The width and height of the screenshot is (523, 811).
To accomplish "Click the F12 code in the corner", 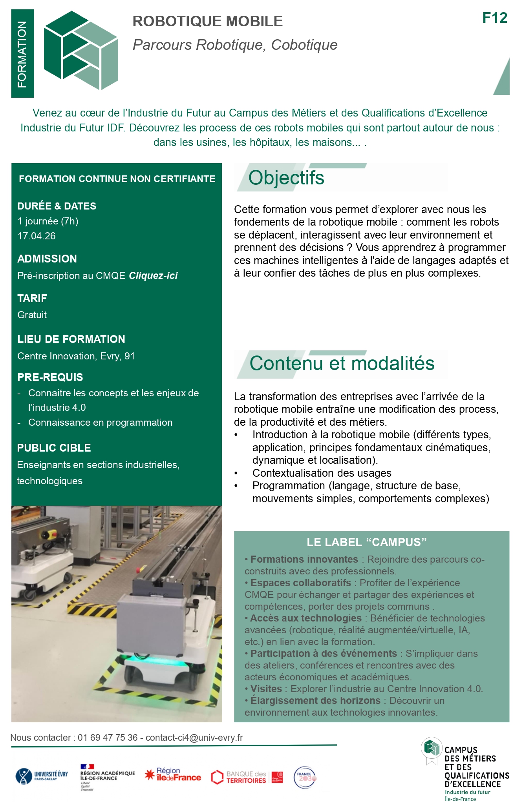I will (x=494, y=18).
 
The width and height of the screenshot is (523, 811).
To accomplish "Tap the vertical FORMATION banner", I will (x=22, y=54).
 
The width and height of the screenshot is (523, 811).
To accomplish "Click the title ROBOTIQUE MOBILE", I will (x=207, y=21).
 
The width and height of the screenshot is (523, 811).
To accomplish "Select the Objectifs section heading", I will (x=286, y=178).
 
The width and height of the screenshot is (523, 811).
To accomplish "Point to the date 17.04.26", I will (x=37, y=236).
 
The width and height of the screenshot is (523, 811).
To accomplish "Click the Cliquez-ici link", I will (x=153, y=275).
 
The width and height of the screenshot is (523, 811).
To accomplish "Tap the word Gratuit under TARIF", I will (x=32, y=315).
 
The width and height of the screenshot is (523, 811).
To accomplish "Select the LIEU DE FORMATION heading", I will (x=71, y=339).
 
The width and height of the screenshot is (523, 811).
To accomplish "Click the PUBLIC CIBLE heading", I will (x=54, y=448).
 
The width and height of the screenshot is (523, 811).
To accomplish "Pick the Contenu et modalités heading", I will (x=342, y=363).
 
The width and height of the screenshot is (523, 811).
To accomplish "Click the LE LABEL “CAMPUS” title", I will (x=366, y=542).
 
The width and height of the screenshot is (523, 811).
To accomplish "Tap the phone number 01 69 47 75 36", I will (x=108, y=738).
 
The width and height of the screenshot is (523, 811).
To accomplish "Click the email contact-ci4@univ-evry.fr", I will (x=194, y=738).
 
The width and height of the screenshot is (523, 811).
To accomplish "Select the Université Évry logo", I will (x=42, y=776).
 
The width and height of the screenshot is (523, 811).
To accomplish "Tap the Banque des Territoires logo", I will (x=247, y=777).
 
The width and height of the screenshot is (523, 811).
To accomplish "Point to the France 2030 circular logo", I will (x=305, y=777).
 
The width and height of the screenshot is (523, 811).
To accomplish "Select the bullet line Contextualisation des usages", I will (x=322, y=473).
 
